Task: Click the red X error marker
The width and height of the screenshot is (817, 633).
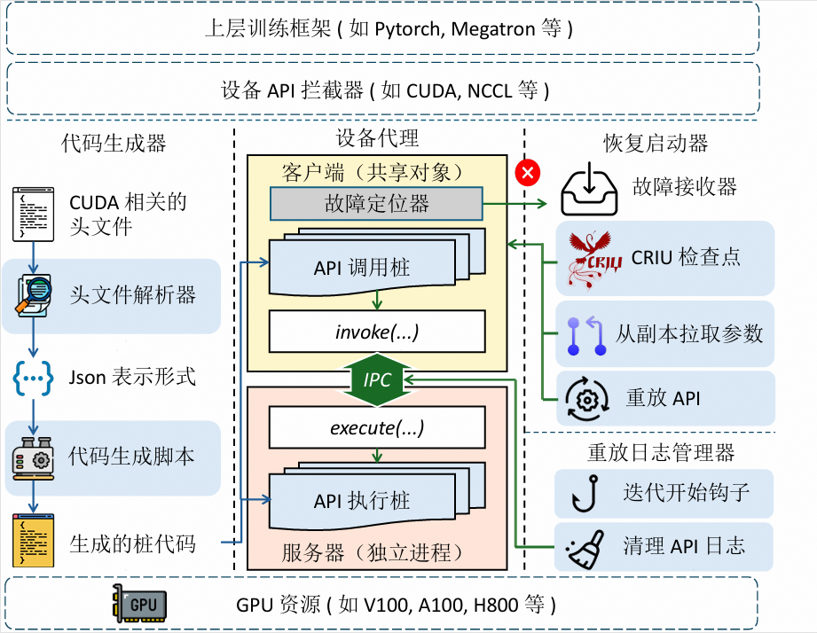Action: click(527, 172)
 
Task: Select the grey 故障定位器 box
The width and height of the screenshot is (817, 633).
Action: click(376, 204)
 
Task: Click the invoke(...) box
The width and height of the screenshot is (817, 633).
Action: click(377, 332)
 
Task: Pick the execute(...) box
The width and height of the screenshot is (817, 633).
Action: click(377, 428)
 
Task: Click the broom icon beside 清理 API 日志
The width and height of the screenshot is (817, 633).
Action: click(586, 545)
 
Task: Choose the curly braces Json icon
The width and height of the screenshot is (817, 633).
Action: click(33, 377)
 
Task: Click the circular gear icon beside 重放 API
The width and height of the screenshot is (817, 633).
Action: click(586, 397)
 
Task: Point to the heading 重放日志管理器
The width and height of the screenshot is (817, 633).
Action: click(661, 453)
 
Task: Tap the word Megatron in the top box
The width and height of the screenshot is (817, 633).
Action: click(492, 28)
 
